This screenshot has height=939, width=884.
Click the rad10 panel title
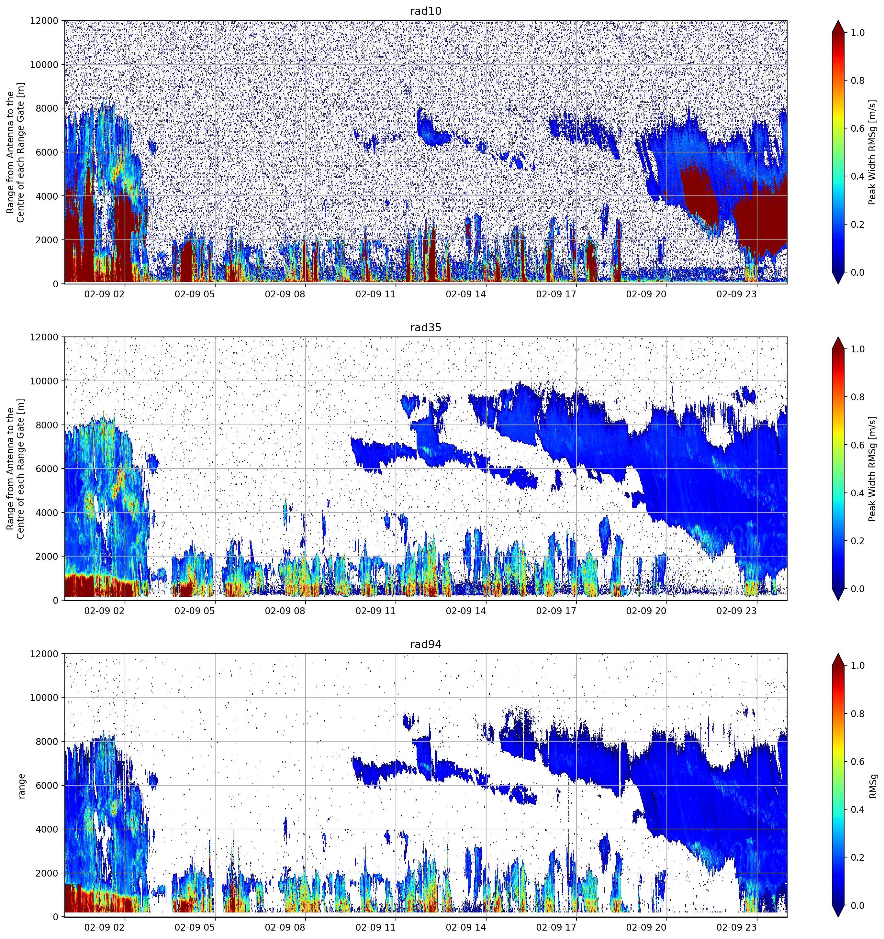pos(425,11)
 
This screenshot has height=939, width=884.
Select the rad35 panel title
pos(425,328)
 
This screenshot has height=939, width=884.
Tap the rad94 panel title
pos(425,644)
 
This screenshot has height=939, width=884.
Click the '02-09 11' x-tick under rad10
pos(375,294)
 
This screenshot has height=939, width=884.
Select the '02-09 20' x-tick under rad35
pos(646,611)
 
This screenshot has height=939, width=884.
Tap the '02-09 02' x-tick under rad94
pos(105,927)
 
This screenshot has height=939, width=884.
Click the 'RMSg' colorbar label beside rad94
pos(873,785)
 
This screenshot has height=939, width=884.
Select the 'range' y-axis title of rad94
pos(22,785)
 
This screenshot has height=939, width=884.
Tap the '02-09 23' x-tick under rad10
pos(737,294)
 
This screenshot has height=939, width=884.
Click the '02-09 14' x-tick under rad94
pos(466,927)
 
